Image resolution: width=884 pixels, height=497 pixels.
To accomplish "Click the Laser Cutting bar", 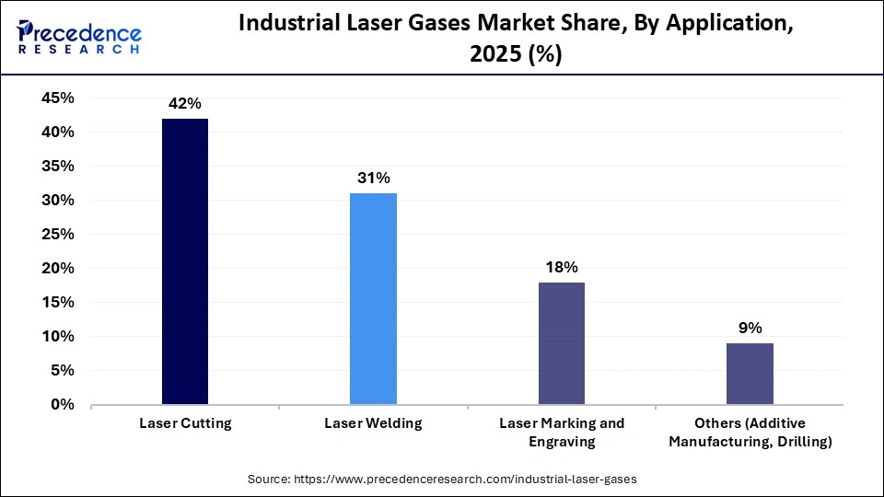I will pos(185,261).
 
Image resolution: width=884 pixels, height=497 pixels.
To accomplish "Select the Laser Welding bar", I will pos(373,298).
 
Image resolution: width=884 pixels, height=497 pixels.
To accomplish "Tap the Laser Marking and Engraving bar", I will pos(561,343).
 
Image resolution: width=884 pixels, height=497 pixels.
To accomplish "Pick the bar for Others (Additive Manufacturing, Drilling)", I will pos(750,374).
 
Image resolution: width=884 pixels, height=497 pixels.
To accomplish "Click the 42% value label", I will pos(185,104).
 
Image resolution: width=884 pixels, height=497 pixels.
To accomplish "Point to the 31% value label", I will pos(373,179).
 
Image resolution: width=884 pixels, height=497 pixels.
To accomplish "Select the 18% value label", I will pos(561,268).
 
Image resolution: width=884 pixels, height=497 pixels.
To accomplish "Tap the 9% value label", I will pos(750,329).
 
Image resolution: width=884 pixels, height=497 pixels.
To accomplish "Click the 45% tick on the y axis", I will pos(58,98).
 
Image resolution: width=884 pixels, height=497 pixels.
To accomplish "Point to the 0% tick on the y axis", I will pos(63,405).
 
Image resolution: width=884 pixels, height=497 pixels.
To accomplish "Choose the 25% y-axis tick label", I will pos(58,235).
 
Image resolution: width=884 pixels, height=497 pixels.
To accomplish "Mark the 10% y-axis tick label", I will pos(58,337).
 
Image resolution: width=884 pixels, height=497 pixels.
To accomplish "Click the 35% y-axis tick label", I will pos(58,167).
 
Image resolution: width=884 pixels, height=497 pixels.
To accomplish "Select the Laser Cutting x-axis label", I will pos(185,424).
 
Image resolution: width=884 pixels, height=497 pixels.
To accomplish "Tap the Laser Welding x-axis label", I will pos(373,424).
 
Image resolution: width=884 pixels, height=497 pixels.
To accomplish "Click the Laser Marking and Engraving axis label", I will pos(561,433).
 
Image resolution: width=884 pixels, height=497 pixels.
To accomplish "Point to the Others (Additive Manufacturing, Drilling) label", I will pos(750,433).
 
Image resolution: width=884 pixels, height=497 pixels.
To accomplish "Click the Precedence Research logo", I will pos(79,36).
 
